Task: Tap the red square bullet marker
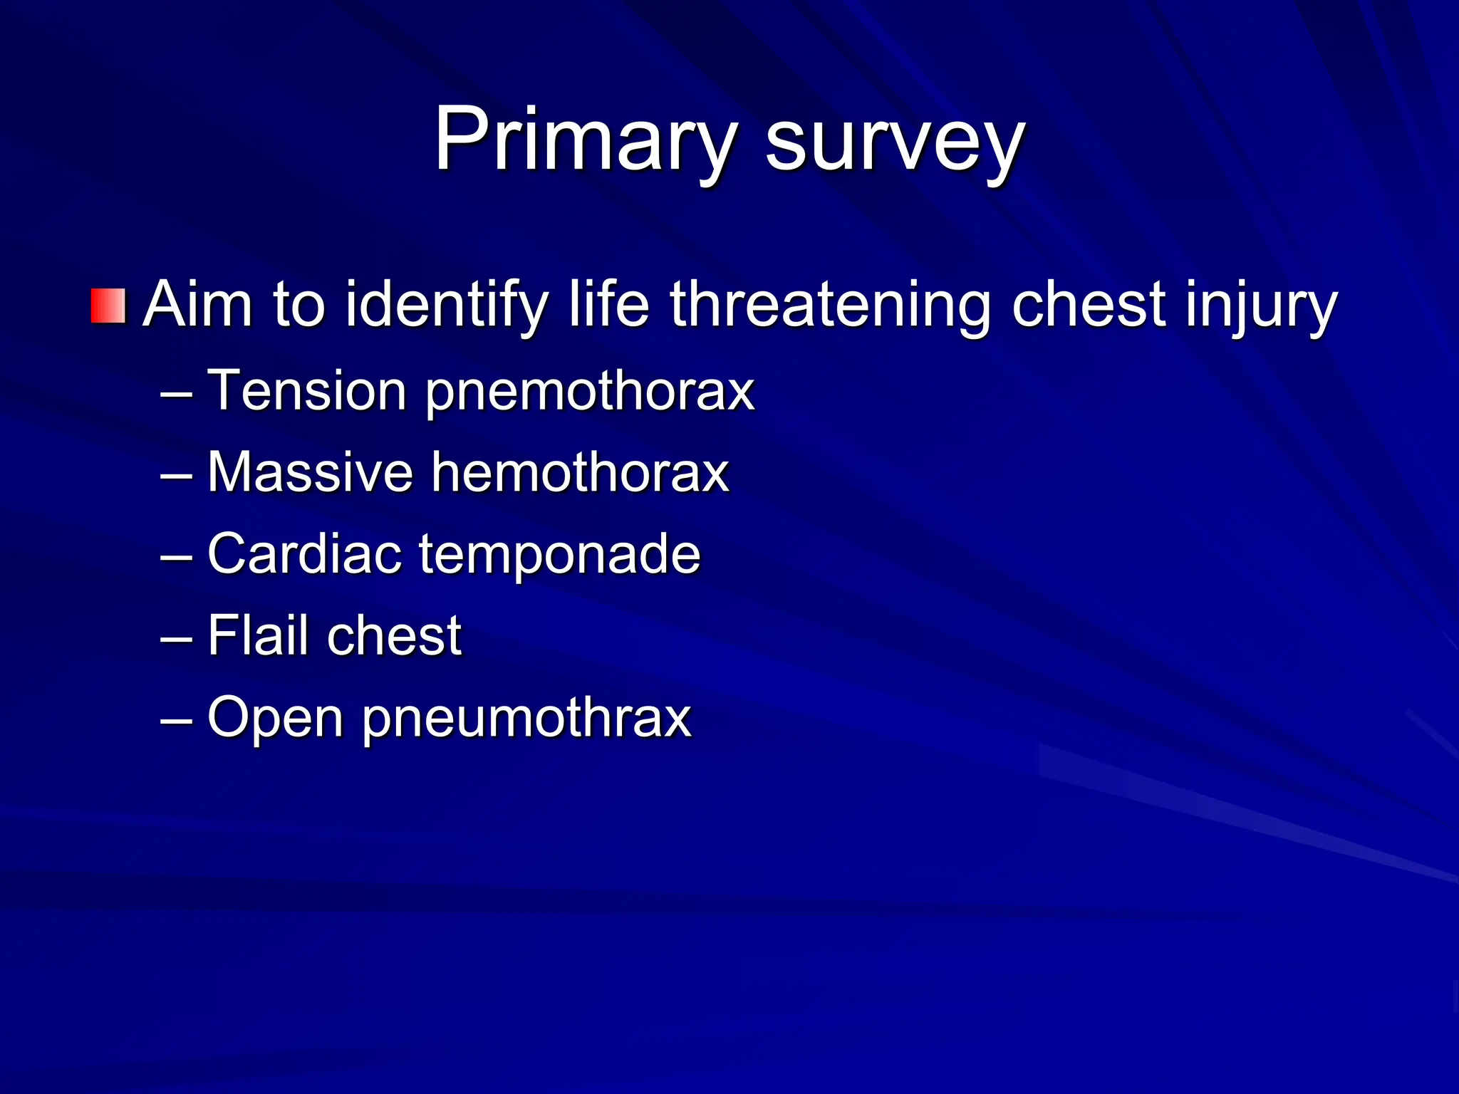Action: [108, 306]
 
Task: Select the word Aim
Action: [198, 305]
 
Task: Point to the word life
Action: [608, 305]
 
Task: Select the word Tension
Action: [306, 390]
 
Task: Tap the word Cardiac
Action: [304, 553]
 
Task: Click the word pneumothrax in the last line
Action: [527, 718]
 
